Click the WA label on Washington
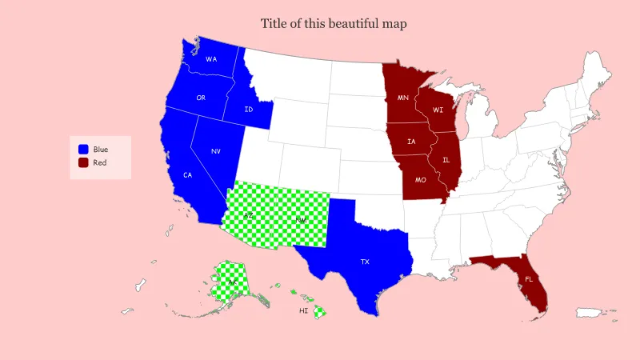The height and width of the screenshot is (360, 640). point(211,59)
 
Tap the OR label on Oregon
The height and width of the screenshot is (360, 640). point(202,98)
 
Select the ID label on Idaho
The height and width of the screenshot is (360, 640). point(249,110)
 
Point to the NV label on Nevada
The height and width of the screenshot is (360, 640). point(216,151)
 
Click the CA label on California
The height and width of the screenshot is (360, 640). point(187,175)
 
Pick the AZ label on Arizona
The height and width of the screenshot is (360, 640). point(248,216)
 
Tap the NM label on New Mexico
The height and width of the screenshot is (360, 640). point(301,220)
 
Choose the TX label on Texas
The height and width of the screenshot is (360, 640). point(365,262)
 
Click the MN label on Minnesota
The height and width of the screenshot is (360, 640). point(403,98)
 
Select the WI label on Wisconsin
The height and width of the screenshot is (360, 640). point(438,110)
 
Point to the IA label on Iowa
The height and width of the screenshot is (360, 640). point(411,142)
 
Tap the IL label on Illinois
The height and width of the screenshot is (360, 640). point(446,160)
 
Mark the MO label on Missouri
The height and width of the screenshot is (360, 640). point(421,180)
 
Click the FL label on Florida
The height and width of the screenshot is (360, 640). point(528,279)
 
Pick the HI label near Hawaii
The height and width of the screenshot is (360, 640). point(304,310)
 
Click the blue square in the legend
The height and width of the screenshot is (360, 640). point(83,150)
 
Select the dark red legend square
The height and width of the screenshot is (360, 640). point(83,162)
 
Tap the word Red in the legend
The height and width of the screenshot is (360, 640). point(100,162)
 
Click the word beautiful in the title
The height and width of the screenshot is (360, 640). point(353,23)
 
